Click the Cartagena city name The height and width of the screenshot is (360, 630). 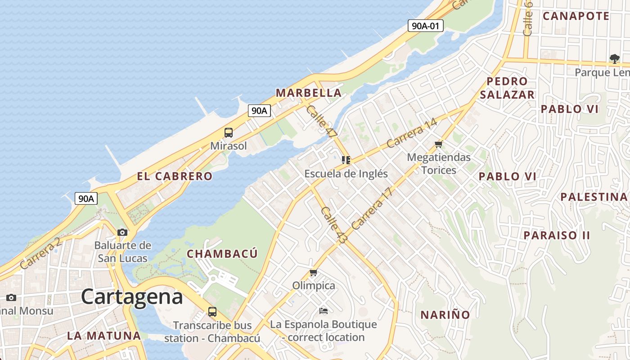coord(132,297)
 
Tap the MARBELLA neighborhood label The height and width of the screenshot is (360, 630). coord(309,93)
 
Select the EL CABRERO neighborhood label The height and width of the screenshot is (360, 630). coord(175,176)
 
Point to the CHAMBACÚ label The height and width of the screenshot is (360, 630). coord(222,254)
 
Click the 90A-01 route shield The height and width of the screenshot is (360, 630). coord(426,26)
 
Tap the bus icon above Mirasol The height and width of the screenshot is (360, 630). coord(229,133)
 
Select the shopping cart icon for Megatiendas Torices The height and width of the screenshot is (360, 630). coord(439,144)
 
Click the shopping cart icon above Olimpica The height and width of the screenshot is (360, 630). coord(314,273)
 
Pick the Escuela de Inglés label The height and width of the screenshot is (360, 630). coord(346,174)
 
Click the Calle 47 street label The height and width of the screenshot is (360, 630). coord(321,121)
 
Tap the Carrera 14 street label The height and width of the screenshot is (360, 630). coord(411,134)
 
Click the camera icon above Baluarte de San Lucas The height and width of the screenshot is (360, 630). coord(122,232)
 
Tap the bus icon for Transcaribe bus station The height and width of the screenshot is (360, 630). coord(212,311)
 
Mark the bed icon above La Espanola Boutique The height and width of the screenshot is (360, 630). coord(323,310)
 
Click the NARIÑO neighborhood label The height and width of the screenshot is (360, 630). coord(445,315)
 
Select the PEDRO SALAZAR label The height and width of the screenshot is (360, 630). coord(507,88)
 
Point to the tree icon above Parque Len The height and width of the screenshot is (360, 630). coord(614,58)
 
